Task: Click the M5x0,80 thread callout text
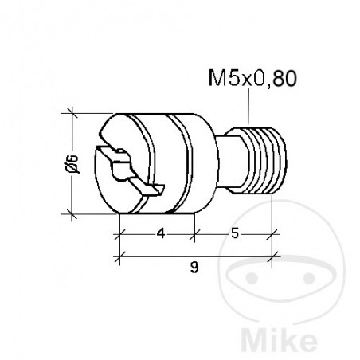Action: (x=252, y=78)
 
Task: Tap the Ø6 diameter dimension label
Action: (x=72, y=163)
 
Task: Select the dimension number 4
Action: (x=161, y=233)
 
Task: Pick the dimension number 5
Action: (x=235, y=233)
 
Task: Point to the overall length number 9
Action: (x=194, y=268)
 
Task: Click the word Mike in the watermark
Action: (x=280, y=339)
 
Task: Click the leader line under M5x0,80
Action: (x=248, y=107)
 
